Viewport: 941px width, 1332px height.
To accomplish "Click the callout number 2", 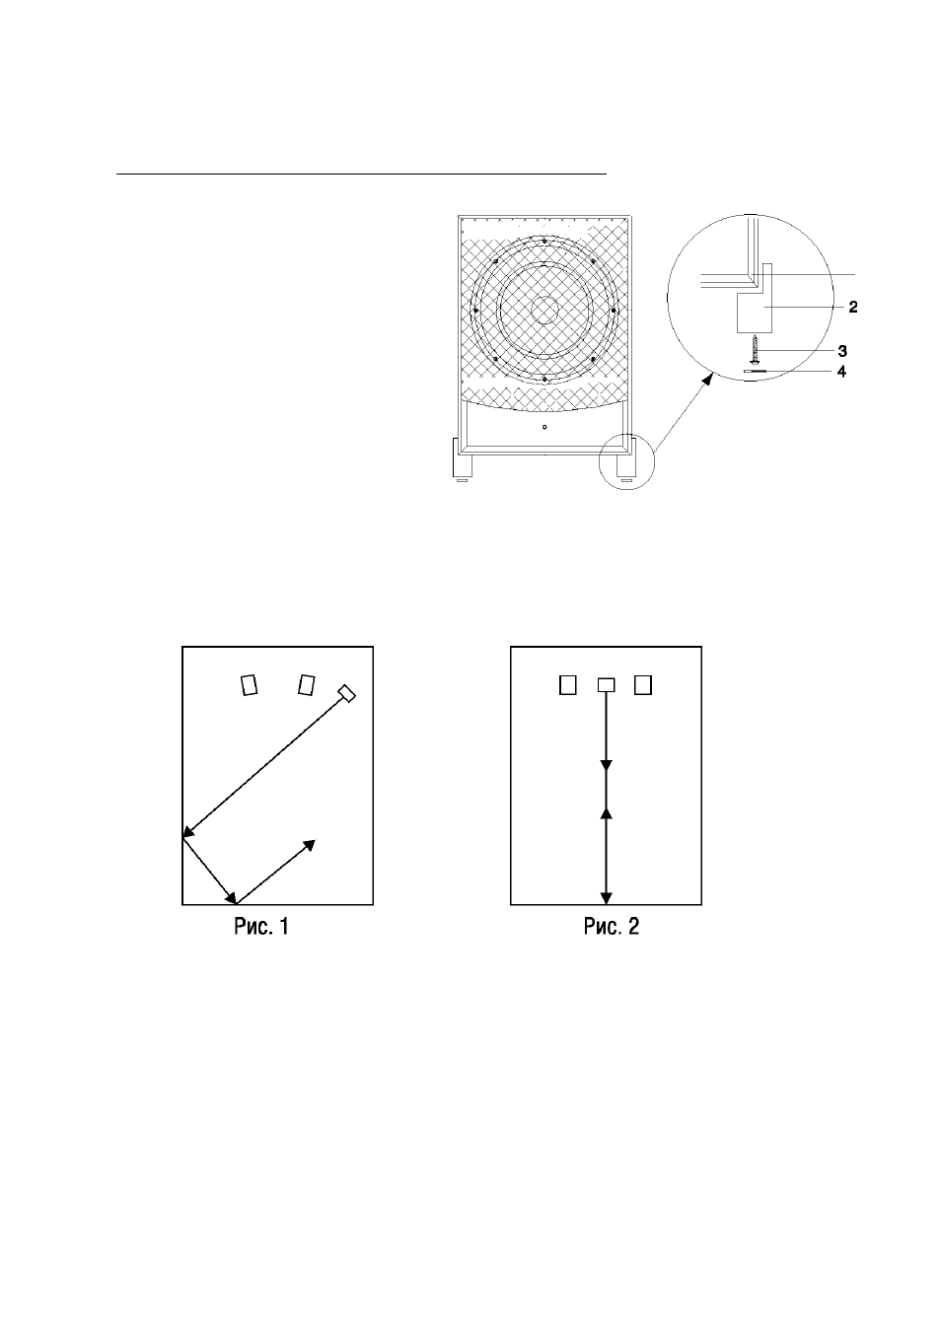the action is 853,307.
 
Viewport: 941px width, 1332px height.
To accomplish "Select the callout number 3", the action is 841,351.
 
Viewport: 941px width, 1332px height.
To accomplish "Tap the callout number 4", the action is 841,372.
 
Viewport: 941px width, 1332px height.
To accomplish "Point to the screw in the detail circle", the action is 756,350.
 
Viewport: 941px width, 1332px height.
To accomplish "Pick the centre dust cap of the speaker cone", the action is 544,310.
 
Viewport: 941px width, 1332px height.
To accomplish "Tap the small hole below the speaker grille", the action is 544,427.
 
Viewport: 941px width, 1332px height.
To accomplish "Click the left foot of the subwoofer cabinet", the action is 463,458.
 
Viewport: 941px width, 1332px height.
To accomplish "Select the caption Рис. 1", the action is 261,927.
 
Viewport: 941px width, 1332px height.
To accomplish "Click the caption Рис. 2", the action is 612,927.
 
